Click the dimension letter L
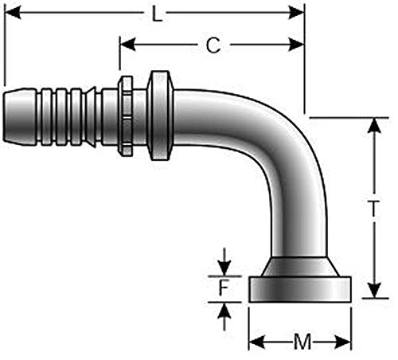click(157, 14)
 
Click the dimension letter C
click(213, 45)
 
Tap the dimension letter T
click(373, 209)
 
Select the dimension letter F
click(224, 288)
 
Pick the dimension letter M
click(302, 342)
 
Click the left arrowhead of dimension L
click(13, 13)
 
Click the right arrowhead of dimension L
click(296, 13)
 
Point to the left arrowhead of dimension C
click(127, 45)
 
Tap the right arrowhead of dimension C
click(296, 45)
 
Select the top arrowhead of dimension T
click(374, 125)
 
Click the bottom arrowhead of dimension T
click(374, 290)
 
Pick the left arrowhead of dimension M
click(257, 342)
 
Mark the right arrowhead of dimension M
click(343, 342)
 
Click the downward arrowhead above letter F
click(224, 268)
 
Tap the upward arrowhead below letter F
click(224, 311)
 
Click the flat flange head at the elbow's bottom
click(300, 289)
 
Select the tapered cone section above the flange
click(300, 267)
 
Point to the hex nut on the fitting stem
click(125, 116)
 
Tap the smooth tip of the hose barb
click(20, 116)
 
